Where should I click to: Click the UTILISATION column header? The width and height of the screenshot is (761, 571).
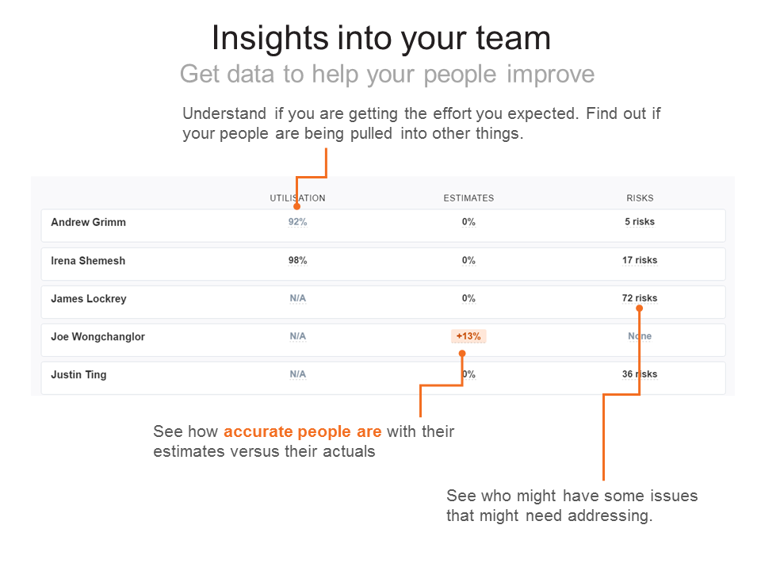click(297, 198)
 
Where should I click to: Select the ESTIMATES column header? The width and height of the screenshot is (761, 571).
click(468, 198)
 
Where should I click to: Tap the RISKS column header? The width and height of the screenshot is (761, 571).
click(640, 198)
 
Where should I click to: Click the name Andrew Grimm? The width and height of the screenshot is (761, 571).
click(88, 223)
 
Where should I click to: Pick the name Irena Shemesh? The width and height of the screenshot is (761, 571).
click(88, 261)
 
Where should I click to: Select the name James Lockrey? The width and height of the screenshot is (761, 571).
click(89, 299)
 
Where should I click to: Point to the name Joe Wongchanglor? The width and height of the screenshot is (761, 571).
click(98, 337)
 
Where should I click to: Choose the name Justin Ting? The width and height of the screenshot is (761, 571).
click(78, 375)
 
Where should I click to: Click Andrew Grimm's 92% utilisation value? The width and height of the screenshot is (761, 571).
click(297, 222)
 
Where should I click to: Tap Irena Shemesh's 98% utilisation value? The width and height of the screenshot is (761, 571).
click(297, 260)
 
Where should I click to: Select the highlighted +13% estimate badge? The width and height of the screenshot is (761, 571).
click(468, 336)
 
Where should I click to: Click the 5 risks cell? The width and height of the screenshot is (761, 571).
click(640, 222)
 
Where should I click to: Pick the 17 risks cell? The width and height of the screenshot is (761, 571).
click(640, 260)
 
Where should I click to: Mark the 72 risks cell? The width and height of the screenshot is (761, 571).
click(640, 299)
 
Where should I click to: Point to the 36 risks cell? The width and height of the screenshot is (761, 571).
click(640, 374)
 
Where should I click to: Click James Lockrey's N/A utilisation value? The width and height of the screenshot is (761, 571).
click(297, 299)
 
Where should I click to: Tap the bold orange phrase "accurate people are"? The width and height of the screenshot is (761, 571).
click(302, 432)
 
